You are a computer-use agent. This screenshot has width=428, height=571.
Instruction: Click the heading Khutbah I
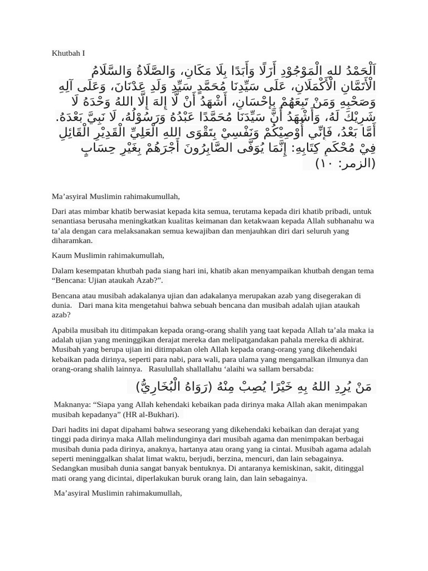[68, 54]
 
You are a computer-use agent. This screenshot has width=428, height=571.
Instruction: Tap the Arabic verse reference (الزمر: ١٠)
[346, 163]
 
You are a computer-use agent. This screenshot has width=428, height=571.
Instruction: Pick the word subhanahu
[346, 221]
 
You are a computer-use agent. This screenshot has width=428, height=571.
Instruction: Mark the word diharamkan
[72, 240]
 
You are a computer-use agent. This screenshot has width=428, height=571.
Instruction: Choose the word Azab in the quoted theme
[147, 280]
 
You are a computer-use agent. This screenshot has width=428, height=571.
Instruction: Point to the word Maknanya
[70, 405]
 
